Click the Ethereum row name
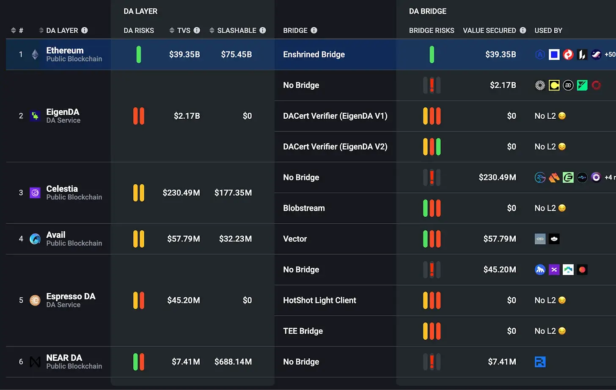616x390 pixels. pyautogui.click(x=65, y=51)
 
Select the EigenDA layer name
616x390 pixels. pyautogui.click(x=63, y=112)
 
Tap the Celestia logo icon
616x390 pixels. pyautogui.click(x=35, y=193)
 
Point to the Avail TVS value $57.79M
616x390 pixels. pyautogui.click(x=183, y=239)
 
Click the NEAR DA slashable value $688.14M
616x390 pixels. pyautogui.click(x=233, y=362)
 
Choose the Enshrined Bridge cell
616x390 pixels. pyautogui.click(x=313, y=55)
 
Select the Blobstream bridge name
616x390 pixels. pyautogui.click(x=304, y=208)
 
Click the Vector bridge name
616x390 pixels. pyautogui.click(x=295, y=239)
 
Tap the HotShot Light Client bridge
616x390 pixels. pyautogui.click(x=319, y=300)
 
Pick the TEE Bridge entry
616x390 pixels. pyautogui.click(x=303, y=331)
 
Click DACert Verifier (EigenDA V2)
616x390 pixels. pyautogui.click(x=335, y=147)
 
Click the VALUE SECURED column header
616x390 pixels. pyautogui.click(x=489, y=30)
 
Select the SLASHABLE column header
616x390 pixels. pyautogui.click(x=236, y=30)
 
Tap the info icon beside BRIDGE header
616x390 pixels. pyautogui.click(x=314, y=30)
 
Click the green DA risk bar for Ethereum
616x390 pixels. pyautogui.click(x=139, y=55)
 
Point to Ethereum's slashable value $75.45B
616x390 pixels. pyautogui.click(x=236, y=55)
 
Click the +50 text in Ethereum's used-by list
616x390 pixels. pyautogui.click(x=610, y=55)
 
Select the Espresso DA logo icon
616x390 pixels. pyautogui.click(x=35, y=300)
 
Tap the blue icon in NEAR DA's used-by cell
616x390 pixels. pyautogui.click(x=540, y=362)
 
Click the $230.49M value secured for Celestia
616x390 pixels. pyautogui.click(x=497, y=177)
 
